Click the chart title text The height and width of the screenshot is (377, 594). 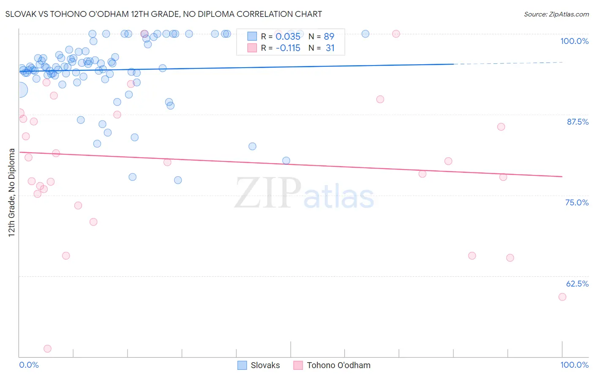coord(164,14)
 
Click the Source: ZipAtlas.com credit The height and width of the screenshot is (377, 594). coord(556,14)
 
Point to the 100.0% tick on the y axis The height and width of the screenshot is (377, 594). coord(574,41)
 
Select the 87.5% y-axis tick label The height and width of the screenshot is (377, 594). coord(577,122)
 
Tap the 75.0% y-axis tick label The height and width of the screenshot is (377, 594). coord(577,202)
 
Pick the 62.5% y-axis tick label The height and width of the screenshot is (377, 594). coord(577,284)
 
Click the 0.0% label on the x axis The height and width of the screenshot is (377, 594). coord(29,365)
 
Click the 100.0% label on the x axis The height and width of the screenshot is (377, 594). coord(574,365)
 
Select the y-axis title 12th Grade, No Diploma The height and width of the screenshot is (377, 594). coord(12,192)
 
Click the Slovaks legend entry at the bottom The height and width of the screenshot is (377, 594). coord(259,365)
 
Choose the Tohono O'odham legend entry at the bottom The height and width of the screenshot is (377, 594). coord(332,365)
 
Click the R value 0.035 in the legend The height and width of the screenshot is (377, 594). coord(288,37)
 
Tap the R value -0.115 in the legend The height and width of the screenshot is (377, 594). coord(288,48)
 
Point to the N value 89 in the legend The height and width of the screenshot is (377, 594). coord(329,37)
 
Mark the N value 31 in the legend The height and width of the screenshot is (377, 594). coord(330,48)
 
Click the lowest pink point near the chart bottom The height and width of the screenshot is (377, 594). coord(47,349)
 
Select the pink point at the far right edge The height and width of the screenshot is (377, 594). coord(562,297)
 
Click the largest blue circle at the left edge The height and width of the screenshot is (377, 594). coord(19,90)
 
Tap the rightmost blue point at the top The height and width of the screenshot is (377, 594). coord(365,34)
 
